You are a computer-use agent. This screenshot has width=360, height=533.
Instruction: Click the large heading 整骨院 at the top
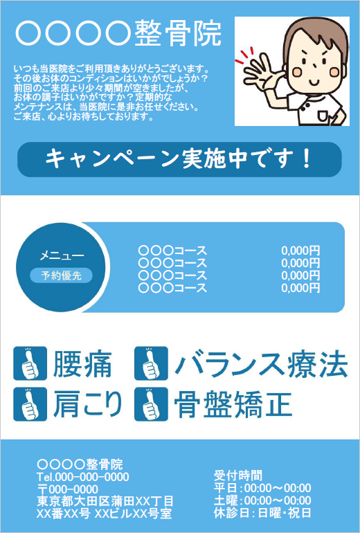click(x=178, y=33)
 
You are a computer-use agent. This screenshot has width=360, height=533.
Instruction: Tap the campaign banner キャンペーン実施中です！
click(x=179, y=159)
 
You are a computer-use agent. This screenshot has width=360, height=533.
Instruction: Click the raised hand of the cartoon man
click(x=262, y=72)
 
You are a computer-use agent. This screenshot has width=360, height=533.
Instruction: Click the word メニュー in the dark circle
click(x=62, y=255)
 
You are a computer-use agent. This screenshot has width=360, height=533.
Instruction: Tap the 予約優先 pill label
click(x=61, y=275)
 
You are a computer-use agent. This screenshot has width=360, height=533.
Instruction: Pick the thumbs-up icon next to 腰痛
click(x=30, y=363)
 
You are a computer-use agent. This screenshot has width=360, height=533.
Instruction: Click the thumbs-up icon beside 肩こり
click(x=30, y=404)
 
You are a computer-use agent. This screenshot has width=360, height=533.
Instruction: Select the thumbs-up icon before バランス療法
click(x=151, y=363)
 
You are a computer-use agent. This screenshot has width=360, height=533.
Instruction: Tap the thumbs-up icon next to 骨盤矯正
click(x=151, y=404)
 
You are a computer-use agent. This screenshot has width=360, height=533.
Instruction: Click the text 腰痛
click(x=82, y=364)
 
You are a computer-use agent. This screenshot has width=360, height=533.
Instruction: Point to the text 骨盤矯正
click(x=233, y=404)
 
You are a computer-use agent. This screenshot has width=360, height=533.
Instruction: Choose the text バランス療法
click(x=261, y=364)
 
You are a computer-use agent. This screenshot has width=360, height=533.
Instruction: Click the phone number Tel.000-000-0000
click(x=82, y=476)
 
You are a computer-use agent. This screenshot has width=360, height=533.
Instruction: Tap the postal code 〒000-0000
click(x=68, y=489)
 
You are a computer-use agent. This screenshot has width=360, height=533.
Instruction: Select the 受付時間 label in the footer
click(x=238, y=476)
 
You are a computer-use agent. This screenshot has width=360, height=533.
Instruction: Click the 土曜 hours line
click(x=262, y=500)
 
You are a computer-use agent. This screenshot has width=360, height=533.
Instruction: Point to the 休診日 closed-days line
click(x=262, y=513)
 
